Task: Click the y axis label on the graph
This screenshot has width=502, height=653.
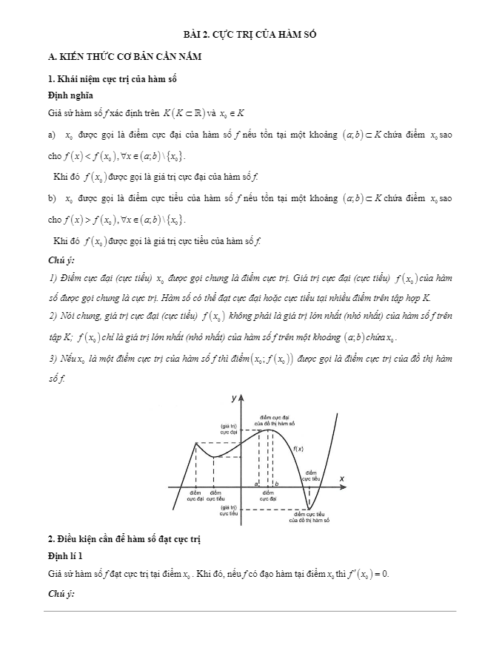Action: [x=234, y=398]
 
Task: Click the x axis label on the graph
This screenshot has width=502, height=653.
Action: [x=342, y=479]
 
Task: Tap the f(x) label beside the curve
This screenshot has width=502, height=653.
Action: [x=298, y=449]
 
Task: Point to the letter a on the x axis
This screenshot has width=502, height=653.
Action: [x=256, y=483]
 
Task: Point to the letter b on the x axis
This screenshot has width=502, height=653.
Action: [x=276, y=483]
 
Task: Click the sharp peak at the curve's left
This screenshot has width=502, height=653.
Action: [x=195, y=443]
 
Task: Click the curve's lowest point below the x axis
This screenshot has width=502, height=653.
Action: [x=309, y=508]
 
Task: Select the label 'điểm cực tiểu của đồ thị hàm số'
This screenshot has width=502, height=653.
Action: [x=309, y=517]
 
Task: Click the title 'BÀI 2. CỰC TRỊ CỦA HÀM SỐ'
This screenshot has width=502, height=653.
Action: [x=250, y=35]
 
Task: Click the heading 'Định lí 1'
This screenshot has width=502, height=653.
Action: [x=63, y=554]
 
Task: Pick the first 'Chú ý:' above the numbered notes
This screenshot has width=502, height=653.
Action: [x=61, y=260]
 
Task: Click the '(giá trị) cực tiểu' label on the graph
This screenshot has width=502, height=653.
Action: [x=228, y=510]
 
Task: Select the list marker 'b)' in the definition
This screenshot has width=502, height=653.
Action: [x=51, y=199]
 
